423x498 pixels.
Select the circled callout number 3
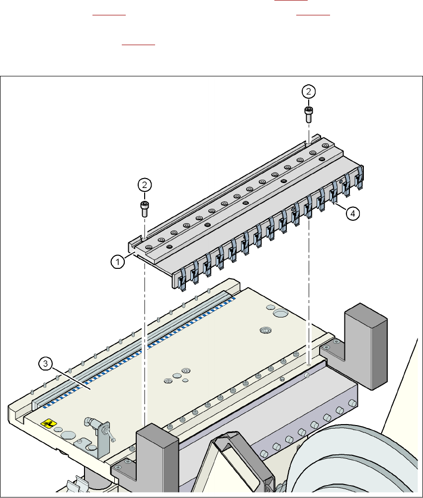[x=45, y=364]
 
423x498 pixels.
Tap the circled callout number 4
[x=352, y=213]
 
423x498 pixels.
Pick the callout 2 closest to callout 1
[x=144, y=185]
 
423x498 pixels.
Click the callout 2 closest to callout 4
[x=309, y=91]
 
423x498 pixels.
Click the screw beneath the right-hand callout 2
[x=309, y=115]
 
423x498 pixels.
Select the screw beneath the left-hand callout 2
[x=144, y=208]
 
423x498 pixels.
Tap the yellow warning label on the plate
[x=49, y=424]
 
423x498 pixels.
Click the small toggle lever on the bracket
[x=112, y=436]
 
